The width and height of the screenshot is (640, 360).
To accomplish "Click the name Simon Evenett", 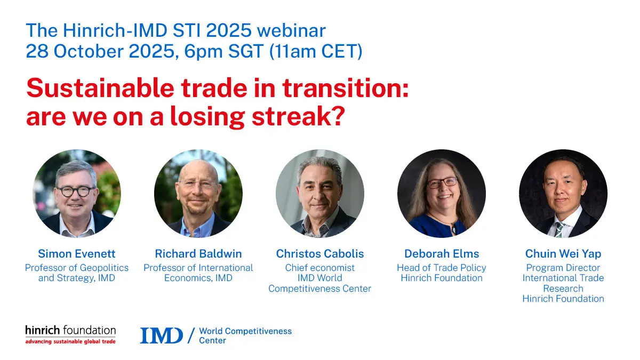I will coord(77,253).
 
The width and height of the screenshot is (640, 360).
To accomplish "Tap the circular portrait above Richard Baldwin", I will coord(198,194).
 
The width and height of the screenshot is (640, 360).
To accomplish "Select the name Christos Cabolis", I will coord(319,253).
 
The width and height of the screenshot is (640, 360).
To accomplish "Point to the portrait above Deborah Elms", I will coord(441,194).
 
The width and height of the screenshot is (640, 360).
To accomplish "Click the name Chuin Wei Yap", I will coord(563,253).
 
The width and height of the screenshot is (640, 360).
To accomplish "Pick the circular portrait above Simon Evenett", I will coord(77,194).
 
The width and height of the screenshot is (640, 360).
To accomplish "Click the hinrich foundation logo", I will coord(70,331).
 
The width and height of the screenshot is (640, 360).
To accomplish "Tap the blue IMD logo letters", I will coord(161,335).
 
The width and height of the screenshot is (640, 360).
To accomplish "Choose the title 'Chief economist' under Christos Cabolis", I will coord(319,268).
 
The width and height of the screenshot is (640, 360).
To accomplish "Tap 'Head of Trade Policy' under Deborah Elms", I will coord(441,268).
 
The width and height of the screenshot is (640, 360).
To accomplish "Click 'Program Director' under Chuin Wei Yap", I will coord(563,268).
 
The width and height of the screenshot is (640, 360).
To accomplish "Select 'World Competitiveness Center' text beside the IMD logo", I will coord(245,335).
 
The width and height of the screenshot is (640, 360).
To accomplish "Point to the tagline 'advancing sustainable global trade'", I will coord(70,341).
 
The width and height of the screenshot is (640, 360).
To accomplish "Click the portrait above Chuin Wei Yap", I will coord(563,194).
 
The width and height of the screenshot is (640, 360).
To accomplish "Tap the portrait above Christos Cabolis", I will coord(319,194).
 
